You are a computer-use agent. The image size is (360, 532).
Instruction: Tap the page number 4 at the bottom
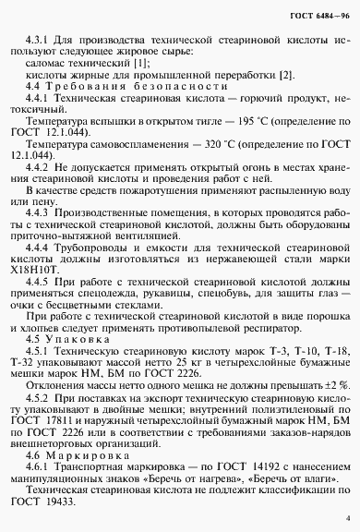pos(346,520)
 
